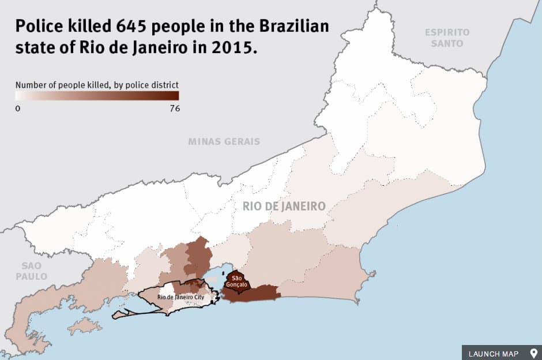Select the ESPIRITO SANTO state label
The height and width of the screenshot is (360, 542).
tap(447, 37)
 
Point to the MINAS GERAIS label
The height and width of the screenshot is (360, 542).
tap(224, 141)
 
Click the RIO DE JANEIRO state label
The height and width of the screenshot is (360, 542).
tap(284, 206)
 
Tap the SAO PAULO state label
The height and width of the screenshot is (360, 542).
tap(31, 271)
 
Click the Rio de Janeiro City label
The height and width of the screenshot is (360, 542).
tap(180, 297)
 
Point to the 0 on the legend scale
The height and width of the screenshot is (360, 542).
tap(18, 108)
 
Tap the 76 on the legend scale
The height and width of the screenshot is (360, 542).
tap(174, 108)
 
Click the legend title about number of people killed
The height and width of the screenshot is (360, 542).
tap(97, 85)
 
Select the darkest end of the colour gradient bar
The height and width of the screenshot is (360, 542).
tap(175, 96)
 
